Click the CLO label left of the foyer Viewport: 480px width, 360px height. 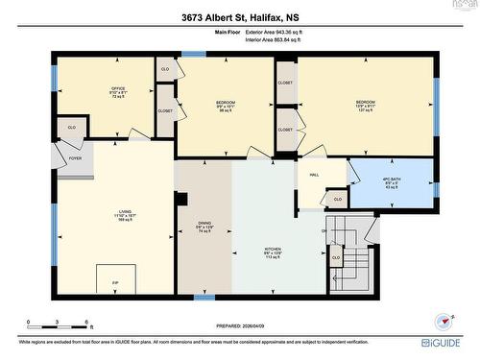coord(71,127)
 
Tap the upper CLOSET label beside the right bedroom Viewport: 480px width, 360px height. coord(285,84)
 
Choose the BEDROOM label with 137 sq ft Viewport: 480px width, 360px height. coord(366,104)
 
